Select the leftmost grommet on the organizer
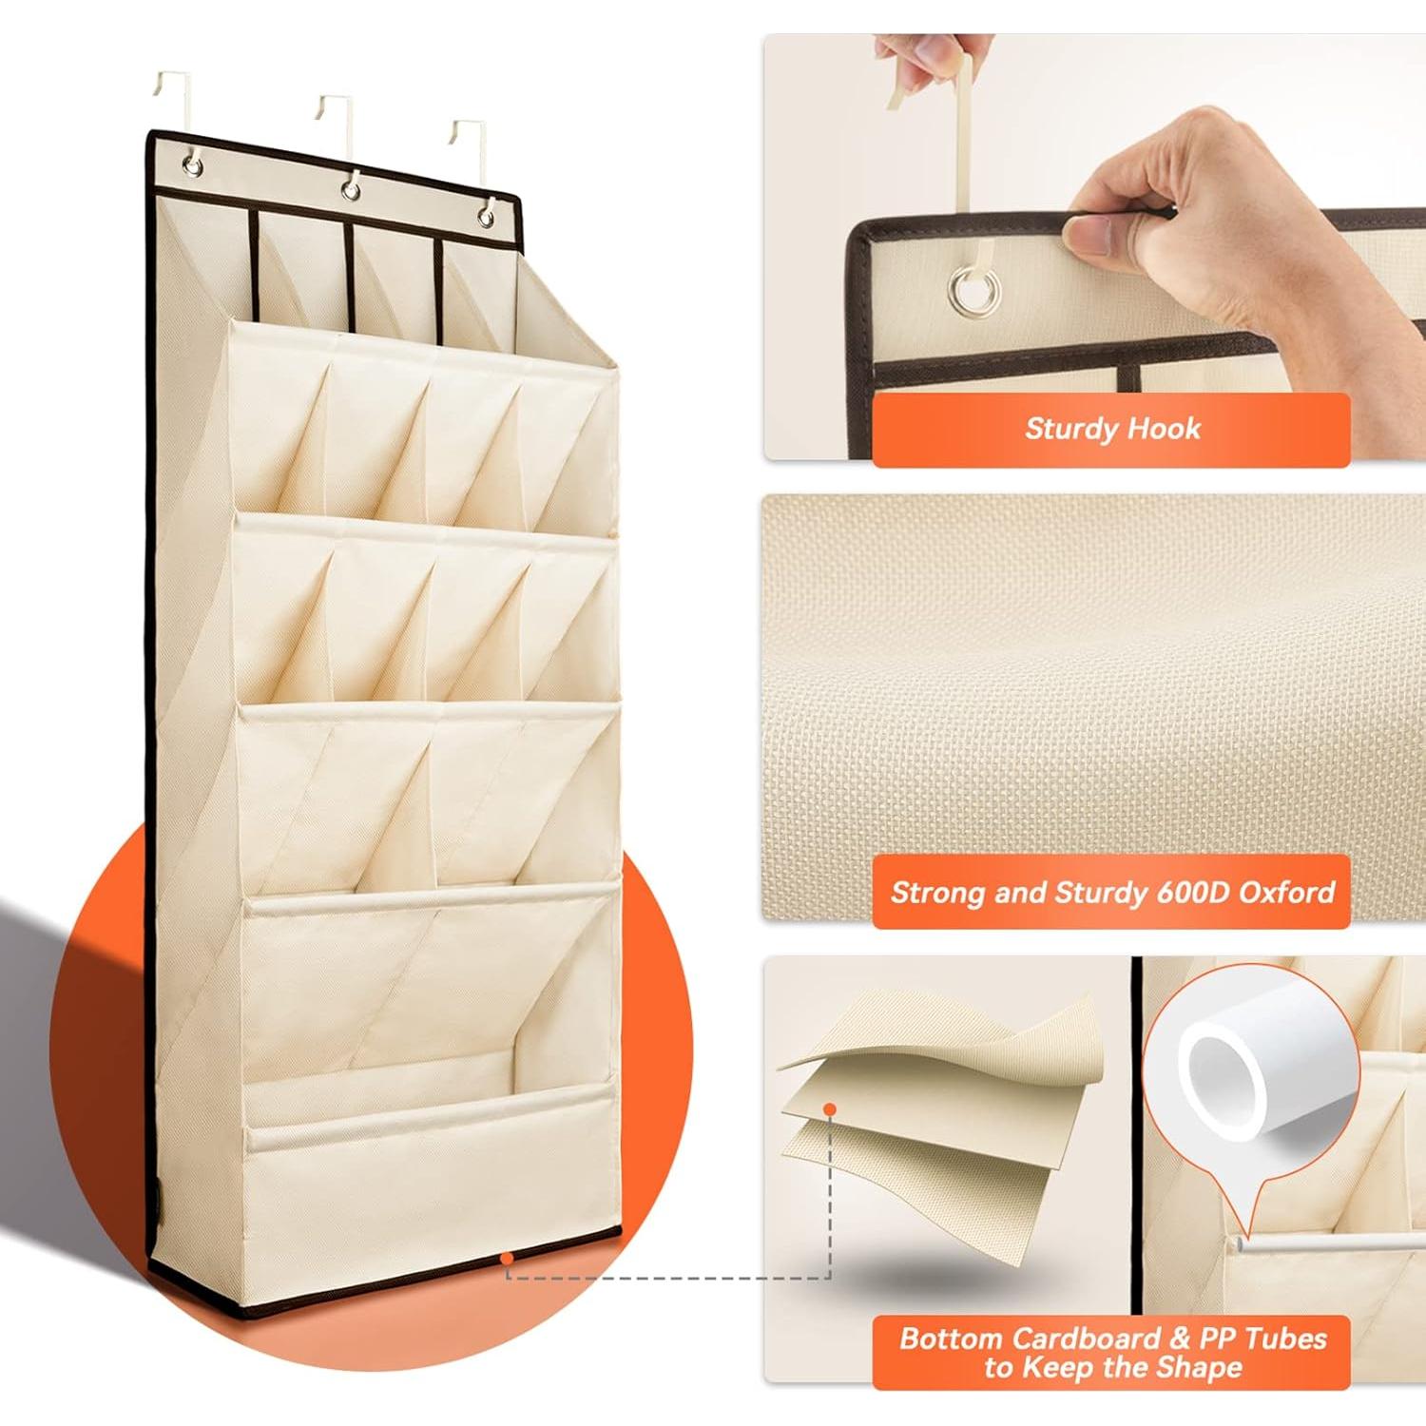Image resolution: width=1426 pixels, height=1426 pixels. pyautogui.click(x=193, y=168)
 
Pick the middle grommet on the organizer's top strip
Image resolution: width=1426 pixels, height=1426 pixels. pyautogui.click(x=352, y=190)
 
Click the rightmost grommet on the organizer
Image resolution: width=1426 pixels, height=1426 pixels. pyautogui.click(x=486, y=216)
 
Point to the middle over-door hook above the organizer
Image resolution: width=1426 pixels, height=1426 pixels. pyautogui.click(x=337, y=119)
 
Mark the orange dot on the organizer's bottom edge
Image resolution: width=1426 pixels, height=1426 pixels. pyautogui.click(x=508, y=1259)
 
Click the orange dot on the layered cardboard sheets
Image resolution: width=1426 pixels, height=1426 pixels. pyautogui.click(x=830, y=1109)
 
